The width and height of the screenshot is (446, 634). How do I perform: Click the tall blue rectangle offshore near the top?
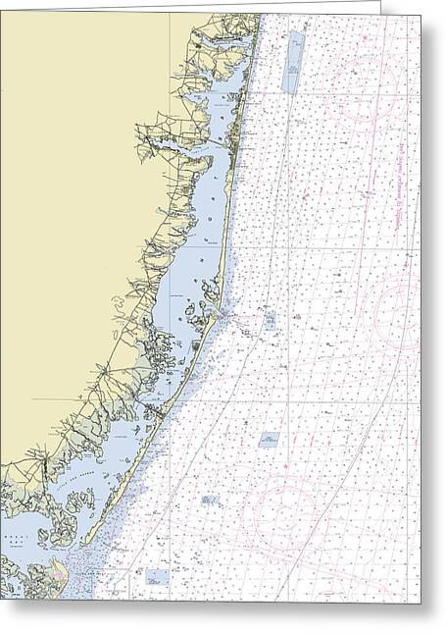293,62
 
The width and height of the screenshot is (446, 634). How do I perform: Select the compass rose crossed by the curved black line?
285,511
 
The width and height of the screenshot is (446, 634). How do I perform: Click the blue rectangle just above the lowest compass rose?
269,439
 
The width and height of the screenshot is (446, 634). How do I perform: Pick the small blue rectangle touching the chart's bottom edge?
157,577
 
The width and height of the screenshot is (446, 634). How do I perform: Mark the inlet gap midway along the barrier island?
224,315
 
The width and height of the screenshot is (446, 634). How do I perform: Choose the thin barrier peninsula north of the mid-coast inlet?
231,245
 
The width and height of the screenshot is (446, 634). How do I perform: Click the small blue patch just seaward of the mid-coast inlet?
270,318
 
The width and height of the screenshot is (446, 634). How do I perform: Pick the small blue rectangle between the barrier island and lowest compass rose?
210,500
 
